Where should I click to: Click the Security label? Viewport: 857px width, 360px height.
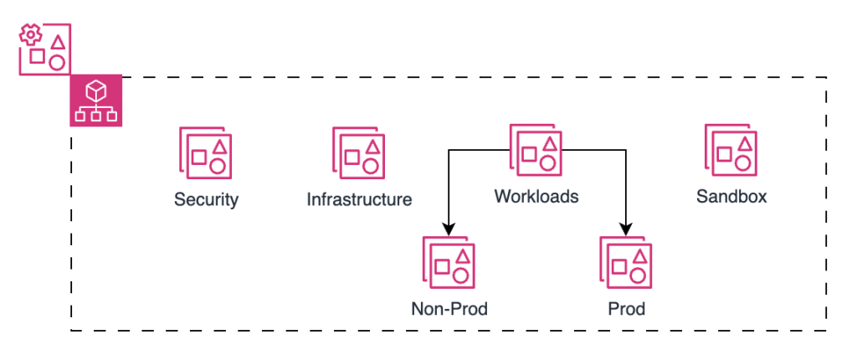coord(206,200)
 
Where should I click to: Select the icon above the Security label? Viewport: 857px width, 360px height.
coord(206,152)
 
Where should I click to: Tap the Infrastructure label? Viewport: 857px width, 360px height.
coord(359,200)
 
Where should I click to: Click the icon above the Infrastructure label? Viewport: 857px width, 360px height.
coord(359,152)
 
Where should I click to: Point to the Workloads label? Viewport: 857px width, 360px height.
coord(536,197)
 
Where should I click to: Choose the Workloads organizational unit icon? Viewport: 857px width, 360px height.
coord(536,150)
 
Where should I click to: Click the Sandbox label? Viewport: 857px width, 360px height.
coord(731,197)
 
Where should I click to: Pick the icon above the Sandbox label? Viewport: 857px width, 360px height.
coord(731,150)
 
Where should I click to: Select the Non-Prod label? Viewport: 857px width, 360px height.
coord(449,309)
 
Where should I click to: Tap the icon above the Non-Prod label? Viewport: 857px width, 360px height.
coord(449,263)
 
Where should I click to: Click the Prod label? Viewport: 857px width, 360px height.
coord(627,309)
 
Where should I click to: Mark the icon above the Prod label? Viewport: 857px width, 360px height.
coord(626,263)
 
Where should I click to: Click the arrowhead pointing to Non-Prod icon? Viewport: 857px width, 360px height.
coord(449,229)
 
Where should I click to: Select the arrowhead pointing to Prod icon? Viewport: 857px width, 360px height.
coord(626,229)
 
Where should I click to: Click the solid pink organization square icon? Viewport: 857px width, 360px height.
coord(95,100)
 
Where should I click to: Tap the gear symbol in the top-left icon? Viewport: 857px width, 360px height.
coord(31,36)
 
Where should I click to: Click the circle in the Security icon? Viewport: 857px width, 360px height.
coord(217,165)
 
